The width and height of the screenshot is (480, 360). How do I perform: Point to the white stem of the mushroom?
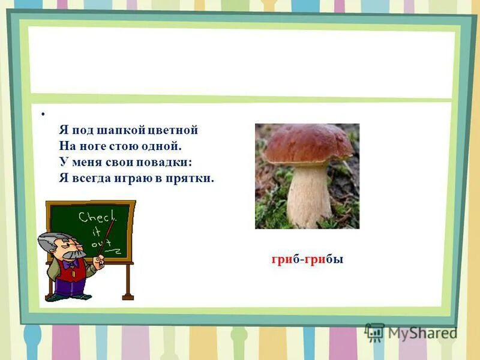tap(308, 195)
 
